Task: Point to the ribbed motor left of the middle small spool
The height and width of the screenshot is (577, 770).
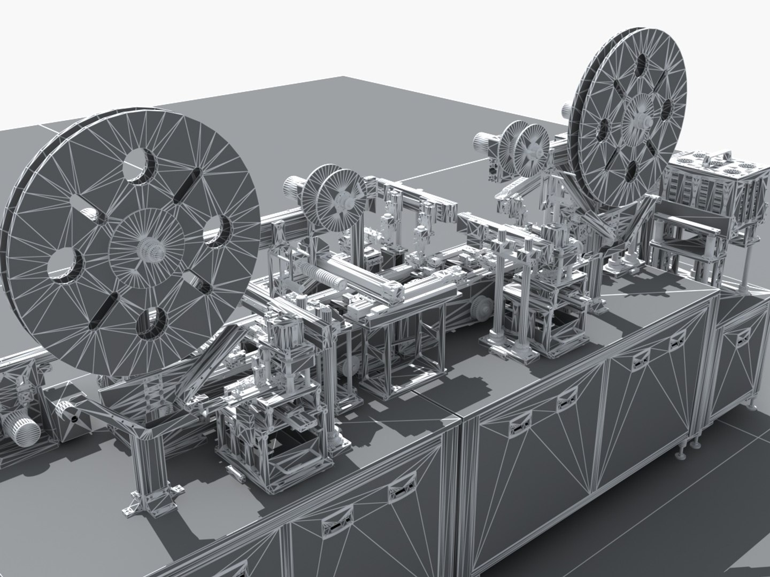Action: click(292, 188)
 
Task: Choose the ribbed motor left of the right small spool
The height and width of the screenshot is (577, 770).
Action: click(483, 143)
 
